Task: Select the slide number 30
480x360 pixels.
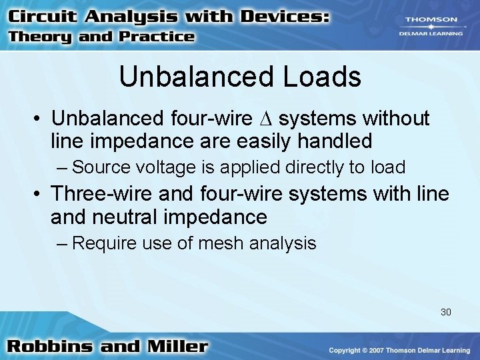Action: click(x=446, y=311)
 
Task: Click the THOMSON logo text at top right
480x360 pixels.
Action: click(x=432, y=21)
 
